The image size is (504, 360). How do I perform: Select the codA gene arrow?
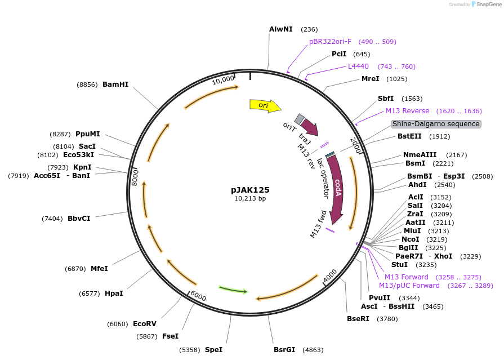click(x=337, y=189)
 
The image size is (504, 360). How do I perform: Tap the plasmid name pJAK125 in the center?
click(x=250, y=190)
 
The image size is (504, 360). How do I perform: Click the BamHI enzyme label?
click(x=115, y=85)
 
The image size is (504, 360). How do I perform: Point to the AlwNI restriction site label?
click(x=281, y=29)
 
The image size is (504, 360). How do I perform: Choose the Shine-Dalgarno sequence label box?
click(x=436, y=124)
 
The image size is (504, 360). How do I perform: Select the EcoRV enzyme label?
click(x=145, y=323)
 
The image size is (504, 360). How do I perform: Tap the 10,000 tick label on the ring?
click(x=224, y=80)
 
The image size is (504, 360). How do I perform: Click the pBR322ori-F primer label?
click(x=330, y=41)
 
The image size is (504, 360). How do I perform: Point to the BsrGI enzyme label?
click(x=284, y=350)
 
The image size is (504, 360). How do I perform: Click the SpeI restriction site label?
click(x=213, y=350)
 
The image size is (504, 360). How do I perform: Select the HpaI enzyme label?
click(x=114, y=293)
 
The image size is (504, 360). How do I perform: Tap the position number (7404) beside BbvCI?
click(x=52, y=219)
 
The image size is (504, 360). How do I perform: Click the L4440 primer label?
click(x=358, y=66)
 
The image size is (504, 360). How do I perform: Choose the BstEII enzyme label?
click(x=409, y=136)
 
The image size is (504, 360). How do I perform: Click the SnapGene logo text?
click(x=488, y=4)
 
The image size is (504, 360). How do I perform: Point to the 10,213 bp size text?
click(x=250, y=198)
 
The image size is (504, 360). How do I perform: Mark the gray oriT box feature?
click(x=300, y=119)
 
